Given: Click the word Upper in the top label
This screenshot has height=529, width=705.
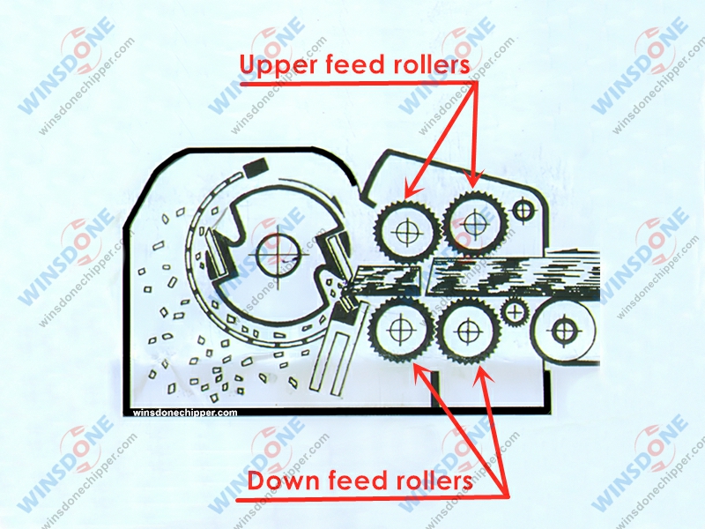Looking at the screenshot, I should point(279,67).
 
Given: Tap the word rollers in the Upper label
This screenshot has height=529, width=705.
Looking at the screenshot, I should point(427,67).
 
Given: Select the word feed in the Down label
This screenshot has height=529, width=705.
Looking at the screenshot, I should point(357,482).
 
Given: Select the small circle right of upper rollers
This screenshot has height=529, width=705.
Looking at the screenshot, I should point(525,210).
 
